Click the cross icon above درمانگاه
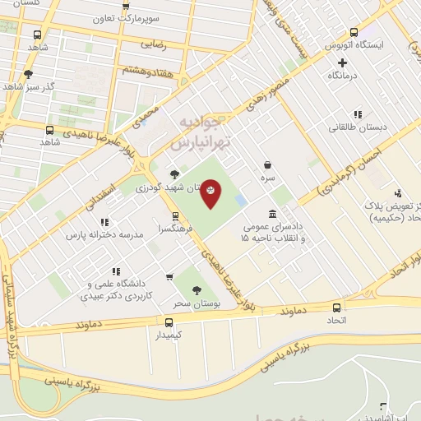pyautogui.click(x=342, y=62)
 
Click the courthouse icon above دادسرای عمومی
pyautogui.click(x=272, y=213)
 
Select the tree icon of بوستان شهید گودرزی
pyautogui.click(x=174, y=173)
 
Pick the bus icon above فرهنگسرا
pyautogui.click(x=175, y=216)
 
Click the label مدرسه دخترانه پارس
pyautogui.click(x=105, y=234)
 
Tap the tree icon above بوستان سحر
pyautogui.click(x=196, y=290)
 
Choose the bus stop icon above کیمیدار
pyautogui.click(x=169, y=322)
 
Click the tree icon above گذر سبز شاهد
pyautogui.click(x=29, y=74)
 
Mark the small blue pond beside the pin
pyautogui.click(x=239, y=200)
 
